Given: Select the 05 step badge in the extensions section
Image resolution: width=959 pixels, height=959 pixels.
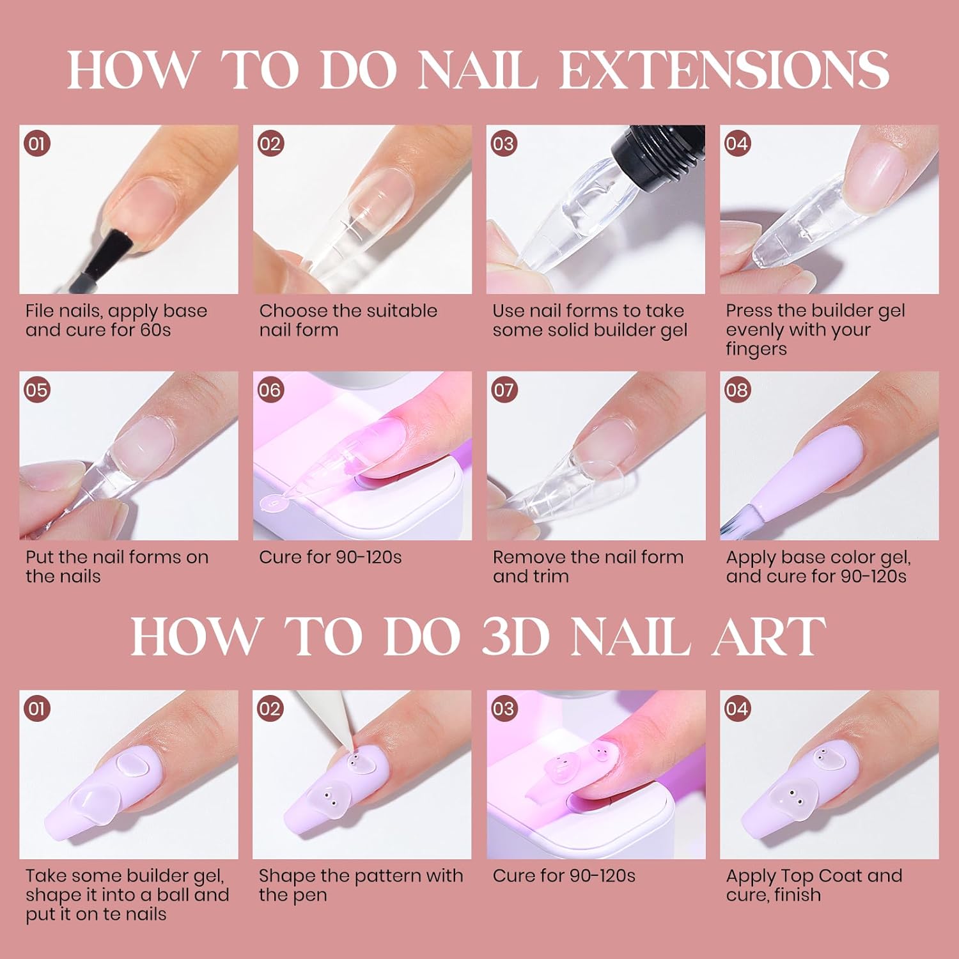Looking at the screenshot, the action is [37, 389].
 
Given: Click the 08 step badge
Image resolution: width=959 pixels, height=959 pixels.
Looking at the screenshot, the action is [737, 389].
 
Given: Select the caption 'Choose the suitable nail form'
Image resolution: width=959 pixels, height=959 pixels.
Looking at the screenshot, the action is [348, 320].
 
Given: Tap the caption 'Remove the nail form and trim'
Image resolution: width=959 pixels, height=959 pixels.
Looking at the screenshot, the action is [588, 566].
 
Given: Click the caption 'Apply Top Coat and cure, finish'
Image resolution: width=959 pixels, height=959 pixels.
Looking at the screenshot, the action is [814, 885].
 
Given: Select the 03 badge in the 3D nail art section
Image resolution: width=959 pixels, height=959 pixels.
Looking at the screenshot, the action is [503, 708].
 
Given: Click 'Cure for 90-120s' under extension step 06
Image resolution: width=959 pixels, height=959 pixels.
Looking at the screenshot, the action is [331, 557].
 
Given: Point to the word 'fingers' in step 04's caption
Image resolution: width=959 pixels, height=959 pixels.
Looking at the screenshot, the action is [756, 350].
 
